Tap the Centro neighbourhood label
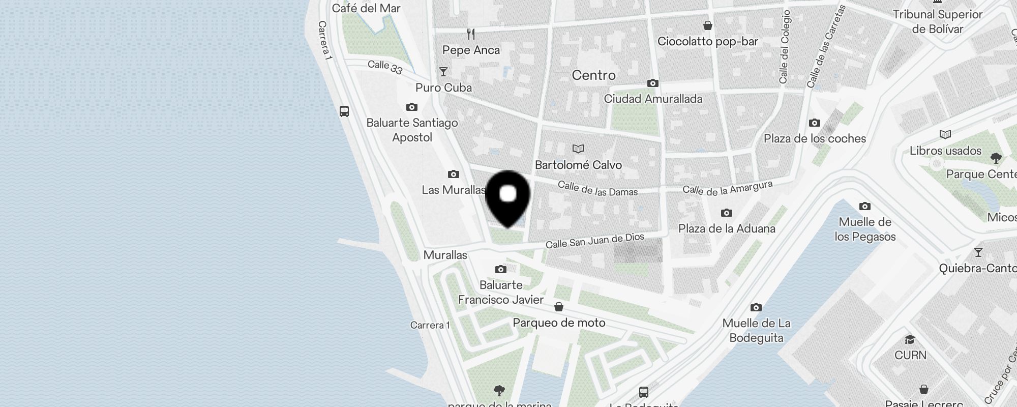click(x=593, y=75)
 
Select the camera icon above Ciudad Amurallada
click(x=653, y=83)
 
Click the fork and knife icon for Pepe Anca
click(x=471, y=34)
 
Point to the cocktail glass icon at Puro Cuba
click(x=443, y=72)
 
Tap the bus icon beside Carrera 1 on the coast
click(x=344, y=111)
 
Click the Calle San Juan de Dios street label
click(x=594, y=241)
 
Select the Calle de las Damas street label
click(x=597, y=188)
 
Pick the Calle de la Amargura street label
click(x=727, y=188)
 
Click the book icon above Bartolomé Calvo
click(x=578, y=149)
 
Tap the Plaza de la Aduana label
click(x=727, y=228)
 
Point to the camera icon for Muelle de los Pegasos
click(x=865, y=206)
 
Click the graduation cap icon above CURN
click(x=910, y=339)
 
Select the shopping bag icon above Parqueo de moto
click(x=559, y=307)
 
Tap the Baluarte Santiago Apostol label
click(x=412, y=130)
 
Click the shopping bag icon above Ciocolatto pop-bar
click(x=707, y=25)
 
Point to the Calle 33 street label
click(x=385, y=67)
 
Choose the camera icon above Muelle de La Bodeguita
click(x=756, y=307)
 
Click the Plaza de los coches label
click(x=815, y=138)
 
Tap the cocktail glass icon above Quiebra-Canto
click(x=978, y=252)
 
